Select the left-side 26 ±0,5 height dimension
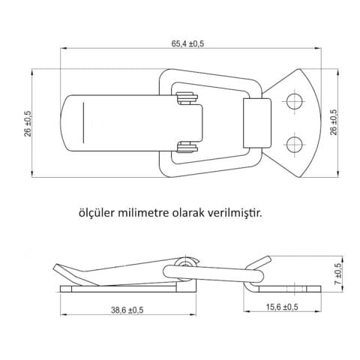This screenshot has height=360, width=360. tap(28, 124)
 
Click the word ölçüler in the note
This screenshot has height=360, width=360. tap(97, 212)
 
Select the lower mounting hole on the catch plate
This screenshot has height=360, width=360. tap(295, 143)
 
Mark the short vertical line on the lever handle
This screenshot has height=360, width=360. tap(84, 124)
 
